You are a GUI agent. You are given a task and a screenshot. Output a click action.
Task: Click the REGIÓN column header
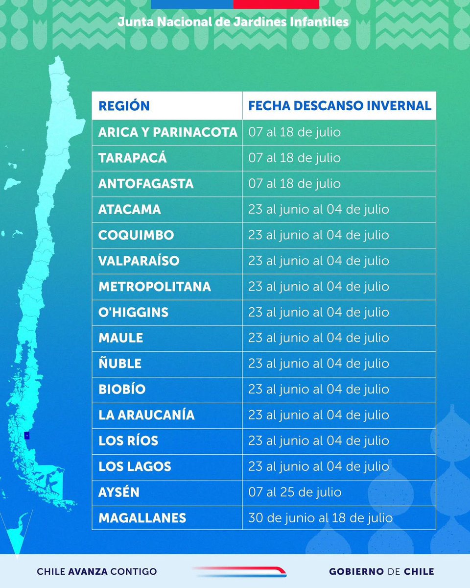pos(124,106)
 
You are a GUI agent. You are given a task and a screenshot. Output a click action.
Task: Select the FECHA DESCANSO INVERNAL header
pos(339,106)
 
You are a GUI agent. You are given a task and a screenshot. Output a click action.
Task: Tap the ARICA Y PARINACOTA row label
pos(167,132)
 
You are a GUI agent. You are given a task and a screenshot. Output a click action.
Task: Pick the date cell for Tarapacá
pos(294,158)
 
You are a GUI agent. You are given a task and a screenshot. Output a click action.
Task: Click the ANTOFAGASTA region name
pos(146,184)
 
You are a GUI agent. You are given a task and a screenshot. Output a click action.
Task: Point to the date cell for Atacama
pos(318,210)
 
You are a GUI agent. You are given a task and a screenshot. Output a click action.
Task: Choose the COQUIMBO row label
pos(136,235)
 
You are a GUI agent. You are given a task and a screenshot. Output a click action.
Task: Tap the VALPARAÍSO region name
pos(139,261)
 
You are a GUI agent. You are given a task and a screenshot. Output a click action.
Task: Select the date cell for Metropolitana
pos(318,287)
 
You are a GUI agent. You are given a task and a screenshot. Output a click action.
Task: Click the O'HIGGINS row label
pos(133,312)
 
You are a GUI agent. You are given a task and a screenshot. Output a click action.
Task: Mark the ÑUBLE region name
pos(120,364)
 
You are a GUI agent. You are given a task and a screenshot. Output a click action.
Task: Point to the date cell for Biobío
pos(318,390)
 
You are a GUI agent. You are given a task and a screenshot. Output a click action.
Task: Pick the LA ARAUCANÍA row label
pos(146,415)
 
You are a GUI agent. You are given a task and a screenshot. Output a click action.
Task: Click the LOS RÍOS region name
pos(128,441)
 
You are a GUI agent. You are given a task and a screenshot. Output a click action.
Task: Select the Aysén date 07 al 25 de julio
pos(295,492)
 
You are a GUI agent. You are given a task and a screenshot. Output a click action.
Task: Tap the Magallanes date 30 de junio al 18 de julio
pos(320,518)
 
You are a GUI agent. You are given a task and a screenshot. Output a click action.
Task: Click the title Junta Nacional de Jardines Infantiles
pos(233,22)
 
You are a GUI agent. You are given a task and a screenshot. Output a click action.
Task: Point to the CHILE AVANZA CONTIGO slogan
pos(97,571)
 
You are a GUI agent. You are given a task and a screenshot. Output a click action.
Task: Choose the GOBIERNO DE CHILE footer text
pos(381,571)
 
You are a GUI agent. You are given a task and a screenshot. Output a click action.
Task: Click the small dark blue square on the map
pos(27,435)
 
